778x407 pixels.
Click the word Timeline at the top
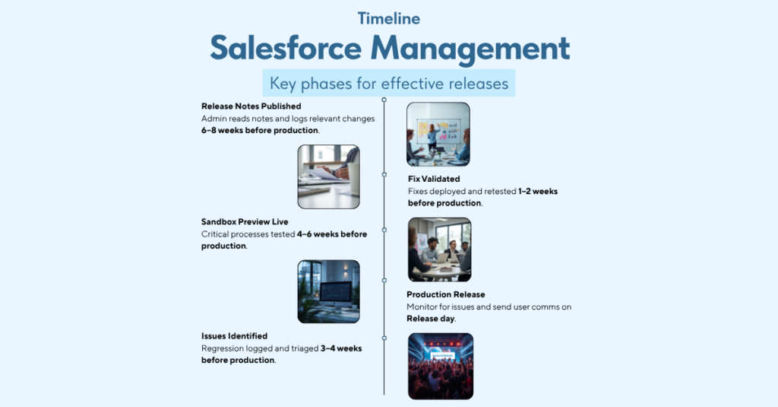388,18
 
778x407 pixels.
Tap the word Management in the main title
471,48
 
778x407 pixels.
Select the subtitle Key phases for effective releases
388,83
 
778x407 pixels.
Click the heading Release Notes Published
251,107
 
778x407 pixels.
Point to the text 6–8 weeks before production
260,130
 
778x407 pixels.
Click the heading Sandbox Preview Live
245,222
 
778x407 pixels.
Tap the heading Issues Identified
234,335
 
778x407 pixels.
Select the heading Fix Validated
434,180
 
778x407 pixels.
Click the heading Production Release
445,294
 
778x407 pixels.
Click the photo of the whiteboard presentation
438,134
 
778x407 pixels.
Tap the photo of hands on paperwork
328,176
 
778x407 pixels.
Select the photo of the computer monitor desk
328,291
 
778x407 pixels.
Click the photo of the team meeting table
439,250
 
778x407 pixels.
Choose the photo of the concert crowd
441,366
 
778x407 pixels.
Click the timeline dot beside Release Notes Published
384,100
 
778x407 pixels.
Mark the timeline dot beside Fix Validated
384,174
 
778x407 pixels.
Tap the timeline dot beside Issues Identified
384,337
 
